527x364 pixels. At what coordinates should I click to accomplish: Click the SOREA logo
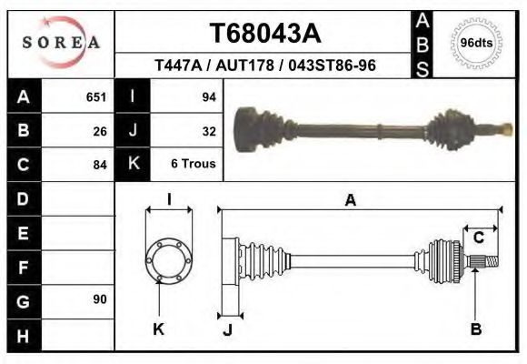click(60, 43)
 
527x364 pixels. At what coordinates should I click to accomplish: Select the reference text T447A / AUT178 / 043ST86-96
click(265, 66)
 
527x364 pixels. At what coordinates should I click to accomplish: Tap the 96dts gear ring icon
click(477, 43)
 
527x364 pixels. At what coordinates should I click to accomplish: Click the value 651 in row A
click(95, 96)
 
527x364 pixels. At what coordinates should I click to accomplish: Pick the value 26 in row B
click(100, 130)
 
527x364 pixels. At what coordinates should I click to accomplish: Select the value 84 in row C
click(100, 165)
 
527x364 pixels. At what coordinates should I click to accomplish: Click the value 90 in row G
click(100, 299)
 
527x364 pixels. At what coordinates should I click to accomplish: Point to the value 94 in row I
click(208, 96)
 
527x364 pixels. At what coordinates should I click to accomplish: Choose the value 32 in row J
click(208, 130)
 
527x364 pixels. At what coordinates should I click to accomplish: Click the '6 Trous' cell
click(194, 165)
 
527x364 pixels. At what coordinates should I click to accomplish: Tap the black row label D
click(23, 198)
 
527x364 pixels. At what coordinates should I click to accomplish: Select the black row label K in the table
click(133, 165)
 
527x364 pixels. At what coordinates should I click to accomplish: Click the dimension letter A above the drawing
click(350, 201)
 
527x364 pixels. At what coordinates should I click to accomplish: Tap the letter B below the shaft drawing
click(475, 329)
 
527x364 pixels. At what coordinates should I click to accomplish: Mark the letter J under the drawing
click(227, 329)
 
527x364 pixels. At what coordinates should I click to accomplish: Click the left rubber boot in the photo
click(261, 128)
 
